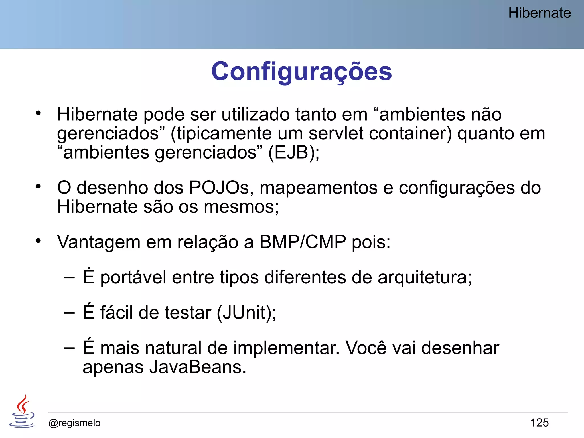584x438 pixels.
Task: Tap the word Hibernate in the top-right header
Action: [x=539, y=13]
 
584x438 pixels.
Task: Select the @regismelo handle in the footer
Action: [x=74, y=423]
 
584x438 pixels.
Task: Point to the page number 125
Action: [x=539, y=423]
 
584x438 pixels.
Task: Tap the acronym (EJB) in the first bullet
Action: [x=294, y=152]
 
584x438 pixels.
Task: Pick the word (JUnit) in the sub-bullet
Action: [x=246, y=312]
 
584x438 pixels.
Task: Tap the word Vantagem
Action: [x=99, y=242]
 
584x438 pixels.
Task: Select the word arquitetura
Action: [x=424, y=277]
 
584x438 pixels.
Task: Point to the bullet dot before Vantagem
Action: [x=38, y=241]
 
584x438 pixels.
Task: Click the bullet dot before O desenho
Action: [x=38, y=187]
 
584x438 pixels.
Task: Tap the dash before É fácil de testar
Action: [x=70, y=313]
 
